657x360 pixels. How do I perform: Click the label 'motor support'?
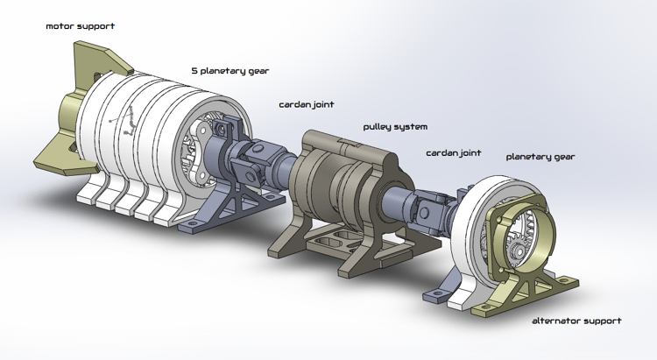tap(80, 26)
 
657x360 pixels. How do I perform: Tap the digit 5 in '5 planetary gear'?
tap(194, 70)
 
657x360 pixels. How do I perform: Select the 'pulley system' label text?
tap(395, 127)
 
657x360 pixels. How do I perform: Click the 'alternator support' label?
tap(576, 321)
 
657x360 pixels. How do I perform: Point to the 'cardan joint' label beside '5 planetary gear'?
tap(307, 104)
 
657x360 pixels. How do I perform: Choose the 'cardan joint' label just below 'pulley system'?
tap(453, 153)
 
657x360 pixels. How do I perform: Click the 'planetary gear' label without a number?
tap(540, 157)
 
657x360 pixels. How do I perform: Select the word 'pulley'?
tap(378, 127)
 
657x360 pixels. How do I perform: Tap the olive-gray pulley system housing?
tap(333, 175)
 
